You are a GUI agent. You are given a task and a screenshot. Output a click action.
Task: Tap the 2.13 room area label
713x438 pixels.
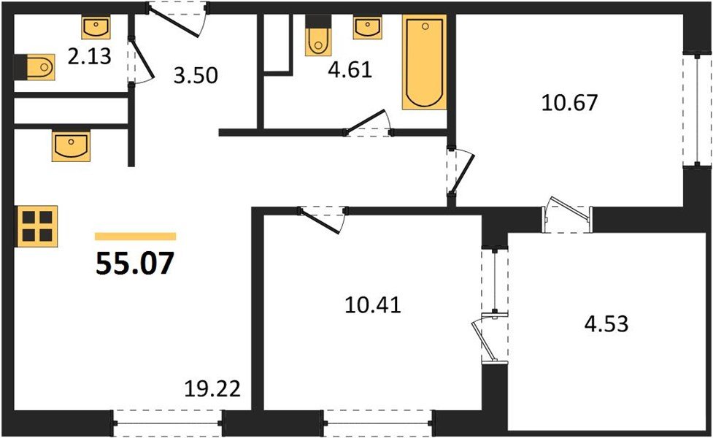pyautogui.click(x=89, y=56)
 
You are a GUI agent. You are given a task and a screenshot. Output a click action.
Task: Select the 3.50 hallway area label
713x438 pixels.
pyautogui.click(x=196, y=75)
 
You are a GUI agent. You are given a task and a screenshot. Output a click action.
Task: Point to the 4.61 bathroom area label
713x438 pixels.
pyautogui.click(x=350, y=71)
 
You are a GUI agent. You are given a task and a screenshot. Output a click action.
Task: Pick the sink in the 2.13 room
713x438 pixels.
pyautogui.click(x=96, y=28)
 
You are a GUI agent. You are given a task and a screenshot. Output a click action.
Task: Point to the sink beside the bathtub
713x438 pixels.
pyautogui.click(x=368, y=28)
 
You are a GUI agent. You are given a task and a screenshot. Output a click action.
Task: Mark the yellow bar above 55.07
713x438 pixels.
pyautogui.click(x=136, y=237)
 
